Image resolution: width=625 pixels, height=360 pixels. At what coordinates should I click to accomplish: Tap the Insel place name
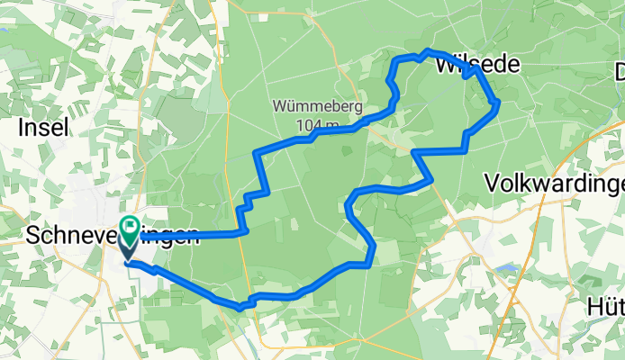[x=43, y=129]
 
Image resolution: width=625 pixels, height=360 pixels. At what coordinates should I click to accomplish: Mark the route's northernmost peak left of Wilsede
[x=427, y=50]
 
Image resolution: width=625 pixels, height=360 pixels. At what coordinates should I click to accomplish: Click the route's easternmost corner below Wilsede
[x=498, y=104]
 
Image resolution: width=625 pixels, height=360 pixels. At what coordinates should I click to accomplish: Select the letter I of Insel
[x=22, y=129]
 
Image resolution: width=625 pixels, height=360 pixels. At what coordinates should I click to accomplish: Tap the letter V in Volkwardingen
[x=492, y=184]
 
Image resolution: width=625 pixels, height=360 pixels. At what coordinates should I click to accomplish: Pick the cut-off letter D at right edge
[x=619, y=71]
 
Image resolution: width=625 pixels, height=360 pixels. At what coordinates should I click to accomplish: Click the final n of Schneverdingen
[x=191, y=238]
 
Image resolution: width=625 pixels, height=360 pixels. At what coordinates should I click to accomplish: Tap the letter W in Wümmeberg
[x=279, y=107]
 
